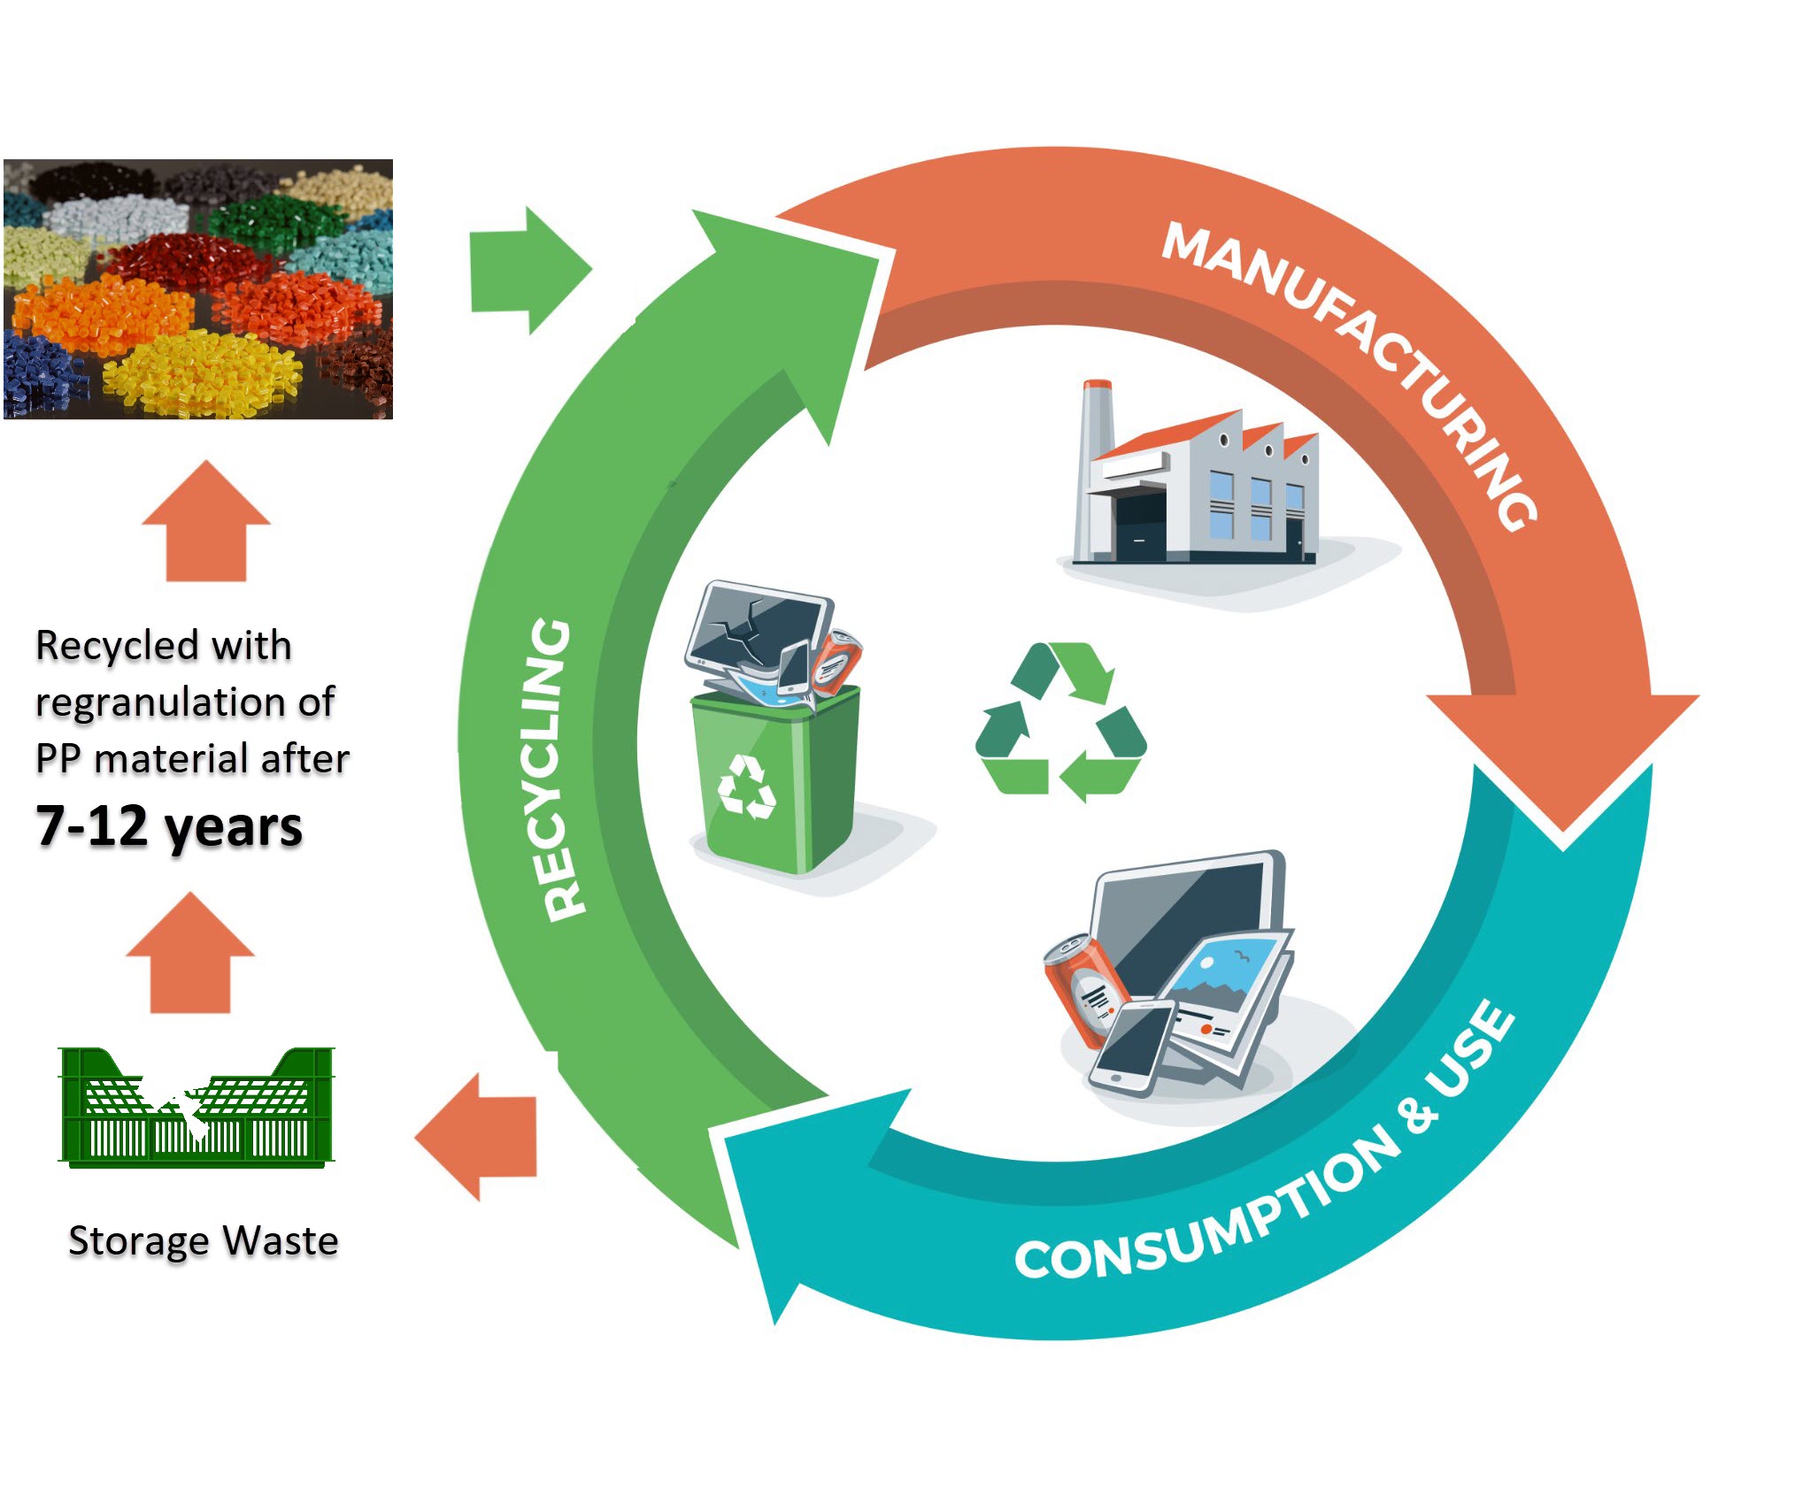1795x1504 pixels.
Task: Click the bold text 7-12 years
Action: click(x=169, y=826)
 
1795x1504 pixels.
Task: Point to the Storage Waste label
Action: click(x=204, y=1240)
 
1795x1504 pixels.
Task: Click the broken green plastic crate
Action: click(x=196, y=1109)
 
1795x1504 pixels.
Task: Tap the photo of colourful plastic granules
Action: click(x=198, y=288)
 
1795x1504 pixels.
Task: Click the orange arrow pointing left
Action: click(x=479, y=1137)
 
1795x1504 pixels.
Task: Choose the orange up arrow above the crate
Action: click(x=190, y=955)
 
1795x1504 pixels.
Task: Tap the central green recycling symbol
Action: click(x=1060, y=721)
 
